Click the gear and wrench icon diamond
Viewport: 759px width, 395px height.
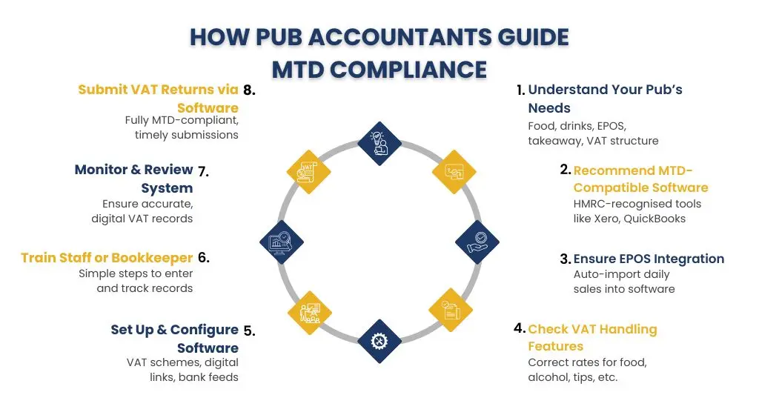pyautogui.click(x=379, y=341)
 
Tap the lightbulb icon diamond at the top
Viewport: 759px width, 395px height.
pyautogui.click(x=379, y=143)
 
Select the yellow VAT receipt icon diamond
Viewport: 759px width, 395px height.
pyautogui.click(x=308, y=172)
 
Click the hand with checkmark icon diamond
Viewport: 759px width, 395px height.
pyautogui.click(x=477, y=242)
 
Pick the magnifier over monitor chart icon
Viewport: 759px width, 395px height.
pyautogui.click(x=282, y=242)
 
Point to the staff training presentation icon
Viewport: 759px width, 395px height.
pyautogui.click(x=310, y=313)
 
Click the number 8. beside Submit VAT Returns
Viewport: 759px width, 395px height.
pyautogui.click(x=249, y=90)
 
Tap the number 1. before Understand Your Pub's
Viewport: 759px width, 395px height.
pyautogui.click(x=520, y=90)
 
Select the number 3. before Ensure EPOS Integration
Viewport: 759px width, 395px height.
pyautogui.click(x=566, y=259)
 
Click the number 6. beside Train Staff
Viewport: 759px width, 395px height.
pyautogui.click(x=204, y=257)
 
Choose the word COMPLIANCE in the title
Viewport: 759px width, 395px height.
pyautogui.click(x=408, y=69)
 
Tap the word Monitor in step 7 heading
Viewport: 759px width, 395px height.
pyautogui.click(x=101, y=170)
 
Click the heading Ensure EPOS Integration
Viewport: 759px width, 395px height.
pyautogui.click(x=649, y=259)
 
